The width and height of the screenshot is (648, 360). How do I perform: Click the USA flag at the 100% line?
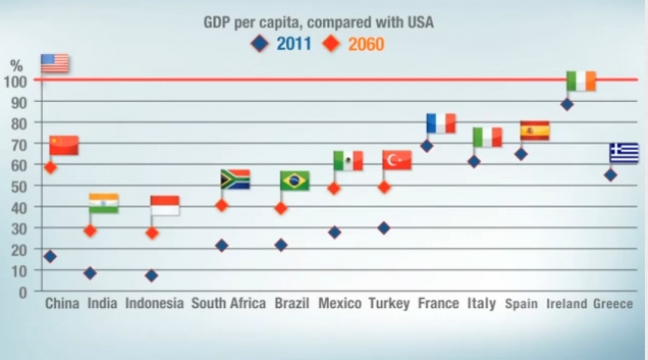55,64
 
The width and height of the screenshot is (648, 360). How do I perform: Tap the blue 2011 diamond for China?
50,256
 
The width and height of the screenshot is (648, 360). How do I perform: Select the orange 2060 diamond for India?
90,230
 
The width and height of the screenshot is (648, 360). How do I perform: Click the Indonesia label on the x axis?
154,303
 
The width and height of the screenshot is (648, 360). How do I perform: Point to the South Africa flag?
234,180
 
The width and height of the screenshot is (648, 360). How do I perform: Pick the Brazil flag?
294,180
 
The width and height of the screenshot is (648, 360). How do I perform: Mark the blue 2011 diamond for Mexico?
335,232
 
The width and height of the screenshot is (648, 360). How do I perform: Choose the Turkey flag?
397,161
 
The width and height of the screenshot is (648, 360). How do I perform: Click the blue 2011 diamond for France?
427,147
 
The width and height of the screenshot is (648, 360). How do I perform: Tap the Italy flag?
486,137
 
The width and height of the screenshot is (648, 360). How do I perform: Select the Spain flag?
534,131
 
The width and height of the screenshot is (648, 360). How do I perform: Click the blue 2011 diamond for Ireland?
566,104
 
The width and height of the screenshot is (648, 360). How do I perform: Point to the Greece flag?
624,153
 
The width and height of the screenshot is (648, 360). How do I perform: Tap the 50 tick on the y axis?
17,186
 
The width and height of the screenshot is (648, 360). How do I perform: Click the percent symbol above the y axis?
16,65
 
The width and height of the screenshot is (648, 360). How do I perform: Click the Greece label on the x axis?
613,303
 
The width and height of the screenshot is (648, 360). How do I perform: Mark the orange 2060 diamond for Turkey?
383,186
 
